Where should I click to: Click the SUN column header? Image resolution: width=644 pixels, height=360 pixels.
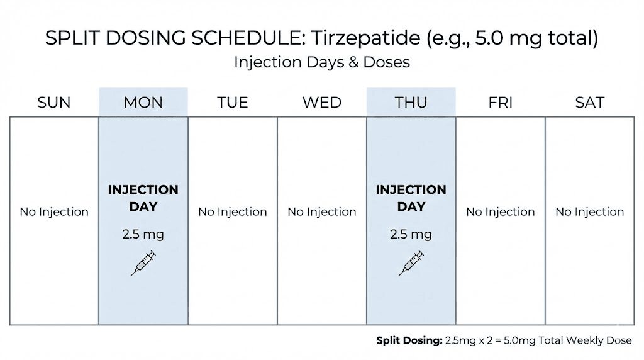54,103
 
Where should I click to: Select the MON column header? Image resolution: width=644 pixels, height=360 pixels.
143,103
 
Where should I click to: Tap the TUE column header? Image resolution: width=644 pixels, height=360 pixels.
233,103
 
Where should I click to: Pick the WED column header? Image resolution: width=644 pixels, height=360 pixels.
322,103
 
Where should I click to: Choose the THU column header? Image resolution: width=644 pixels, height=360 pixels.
411,103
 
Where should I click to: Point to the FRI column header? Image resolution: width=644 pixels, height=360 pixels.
501,103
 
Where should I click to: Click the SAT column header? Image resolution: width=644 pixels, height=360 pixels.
590,103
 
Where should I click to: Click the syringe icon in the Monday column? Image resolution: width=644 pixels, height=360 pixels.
143,263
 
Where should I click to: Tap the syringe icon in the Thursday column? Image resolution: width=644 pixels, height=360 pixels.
411,263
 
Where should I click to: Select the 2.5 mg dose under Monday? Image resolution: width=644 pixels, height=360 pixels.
143,235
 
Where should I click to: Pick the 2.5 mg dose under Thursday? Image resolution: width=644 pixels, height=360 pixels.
411,235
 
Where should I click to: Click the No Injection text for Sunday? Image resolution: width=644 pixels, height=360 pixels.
54,212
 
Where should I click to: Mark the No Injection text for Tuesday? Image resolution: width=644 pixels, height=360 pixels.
233,212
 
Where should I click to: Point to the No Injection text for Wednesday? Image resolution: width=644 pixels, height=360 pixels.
322,212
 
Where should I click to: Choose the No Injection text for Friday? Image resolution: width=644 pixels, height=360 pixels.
501,212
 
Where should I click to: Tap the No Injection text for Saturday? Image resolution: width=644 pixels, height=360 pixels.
590,212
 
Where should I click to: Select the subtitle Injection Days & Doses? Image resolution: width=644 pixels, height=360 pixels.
322,62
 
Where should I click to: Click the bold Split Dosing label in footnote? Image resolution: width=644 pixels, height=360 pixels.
409,340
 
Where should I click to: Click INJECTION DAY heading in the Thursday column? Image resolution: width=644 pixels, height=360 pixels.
411,198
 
